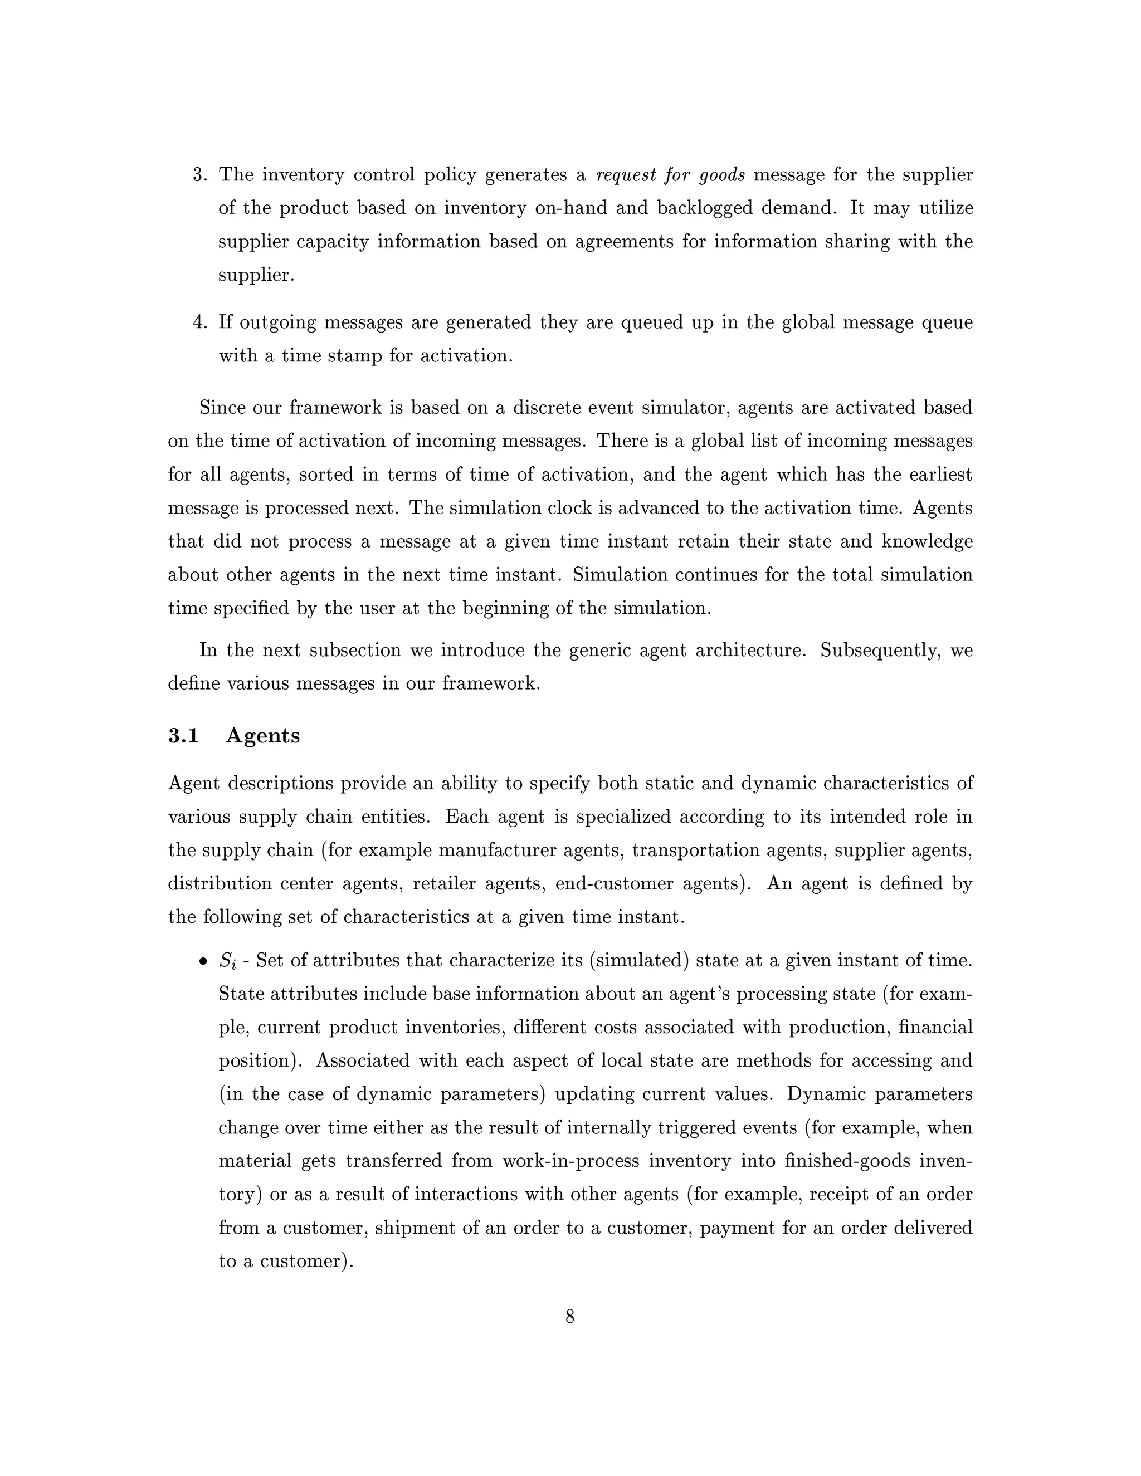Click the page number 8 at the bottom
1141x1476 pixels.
point(570,1317)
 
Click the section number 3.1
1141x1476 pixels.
point(183,735)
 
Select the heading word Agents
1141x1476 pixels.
point(262,735)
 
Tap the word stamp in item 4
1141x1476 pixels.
point(354,356)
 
